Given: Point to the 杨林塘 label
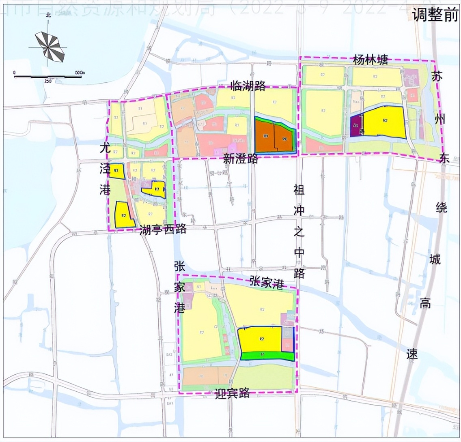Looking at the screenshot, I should click(x=370, y=60).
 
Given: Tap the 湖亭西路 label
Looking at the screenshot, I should click(x=163, y=230).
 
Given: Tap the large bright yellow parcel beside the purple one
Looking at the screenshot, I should click(x=384, y=121).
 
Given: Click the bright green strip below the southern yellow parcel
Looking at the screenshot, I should click(x=267, y=356).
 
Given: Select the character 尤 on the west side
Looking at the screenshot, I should click(x=105, y=148).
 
